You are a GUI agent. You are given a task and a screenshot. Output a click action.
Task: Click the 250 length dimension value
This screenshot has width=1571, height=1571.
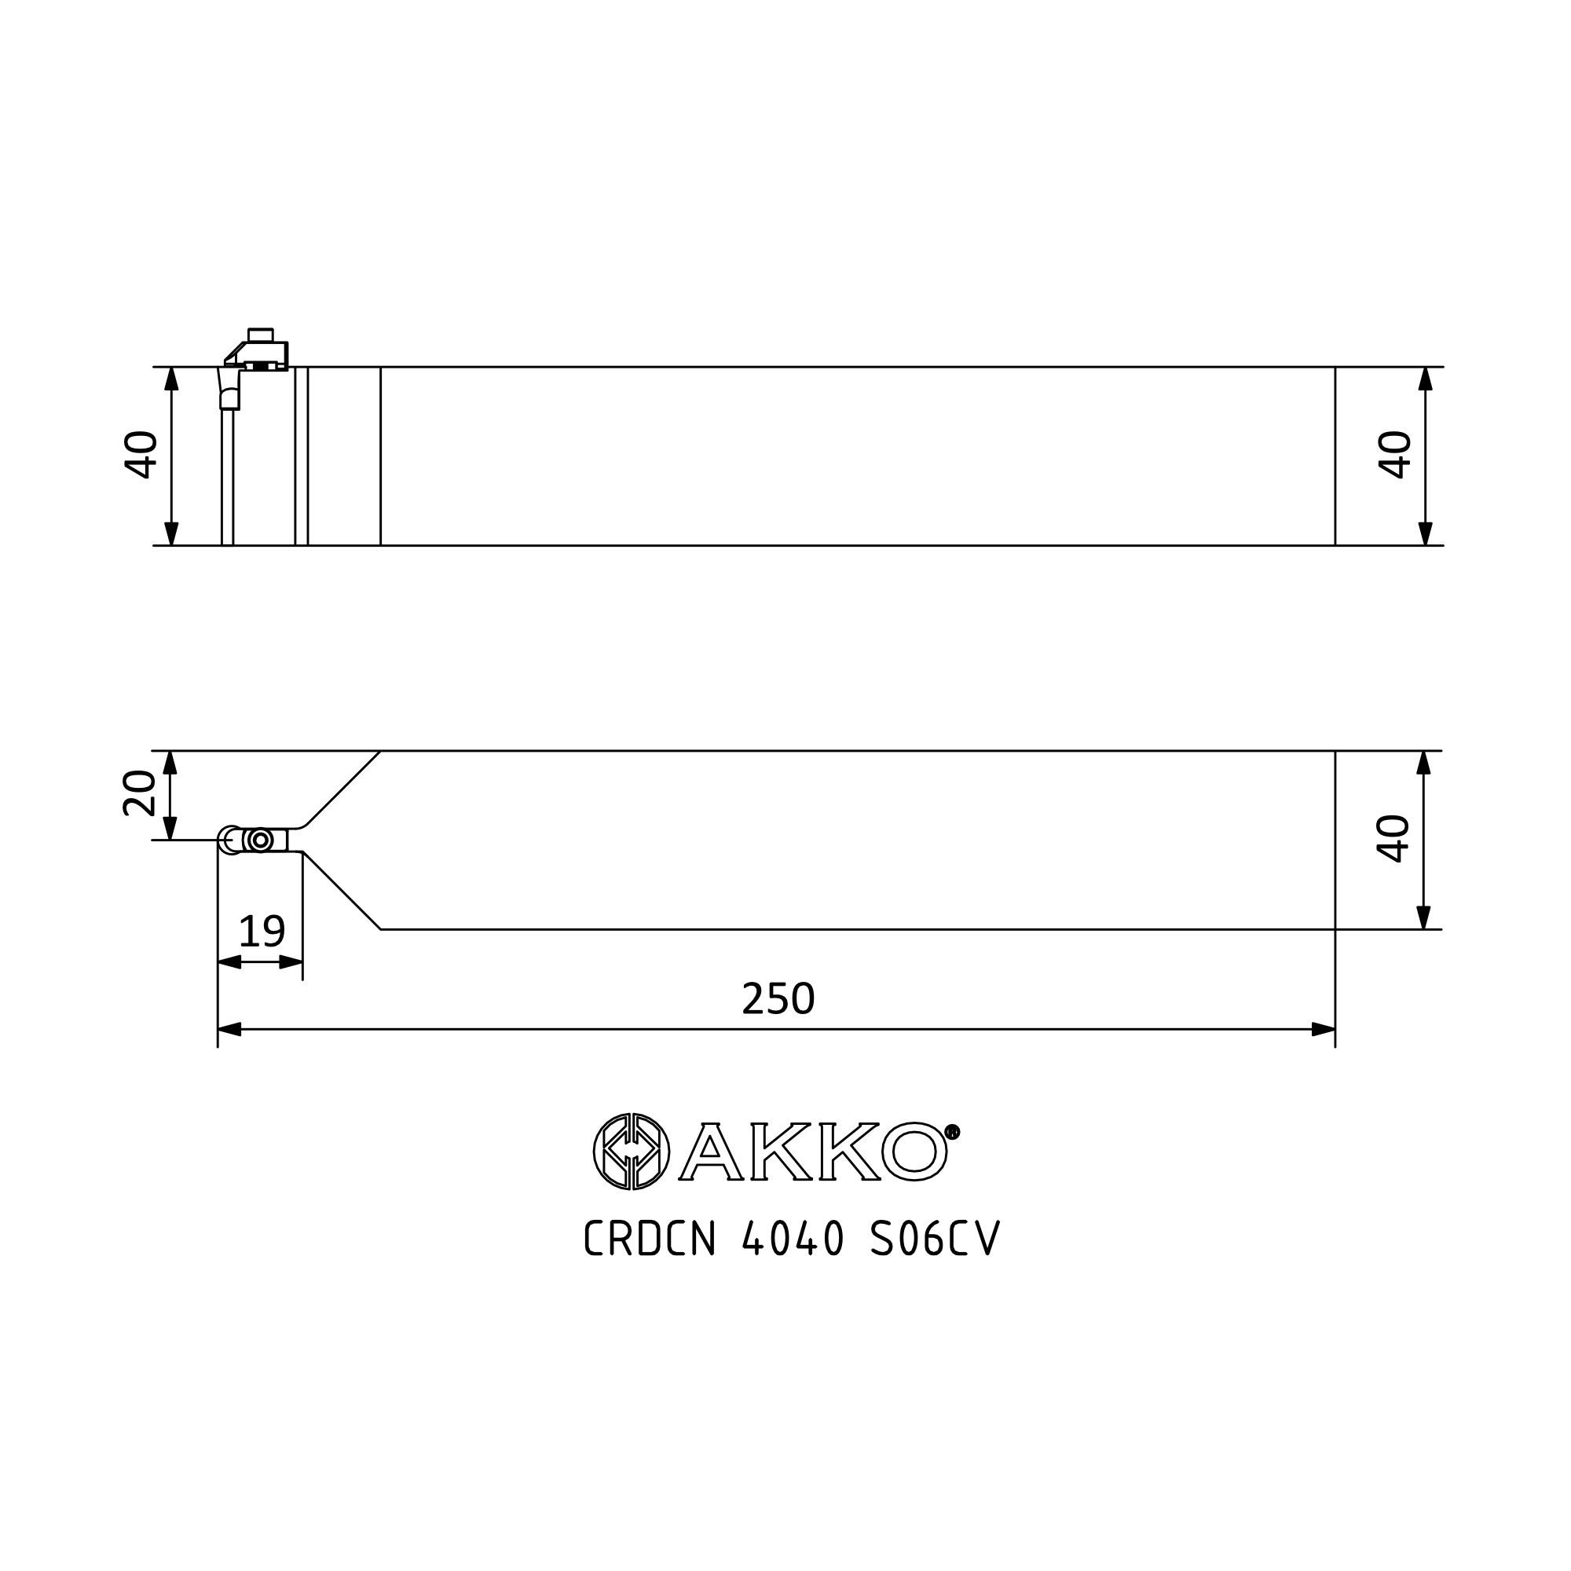tap(778, 998)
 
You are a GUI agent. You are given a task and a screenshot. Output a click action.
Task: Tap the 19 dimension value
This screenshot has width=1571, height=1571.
tap(262, 931)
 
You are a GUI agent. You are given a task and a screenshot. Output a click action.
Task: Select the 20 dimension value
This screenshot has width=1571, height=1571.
tap(139, 792)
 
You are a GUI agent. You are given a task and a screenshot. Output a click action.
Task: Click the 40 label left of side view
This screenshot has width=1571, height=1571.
tap(141, 454)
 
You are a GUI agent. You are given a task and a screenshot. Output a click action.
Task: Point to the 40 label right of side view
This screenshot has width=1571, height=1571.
tap(1395, 454)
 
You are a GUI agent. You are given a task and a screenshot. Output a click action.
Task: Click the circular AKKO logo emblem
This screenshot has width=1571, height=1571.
tap(632, 1151)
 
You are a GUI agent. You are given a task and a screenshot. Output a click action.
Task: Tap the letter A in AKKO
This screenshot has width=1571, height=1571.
tap(709, 1152)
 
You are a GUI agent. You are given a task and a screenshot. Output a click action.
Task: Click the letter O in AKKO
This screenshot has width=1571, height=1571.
tap(915, 1152)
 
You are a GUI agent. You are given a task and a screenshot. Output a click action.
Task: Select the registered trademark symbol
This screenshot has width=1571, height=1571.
tap(952, 1131)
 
